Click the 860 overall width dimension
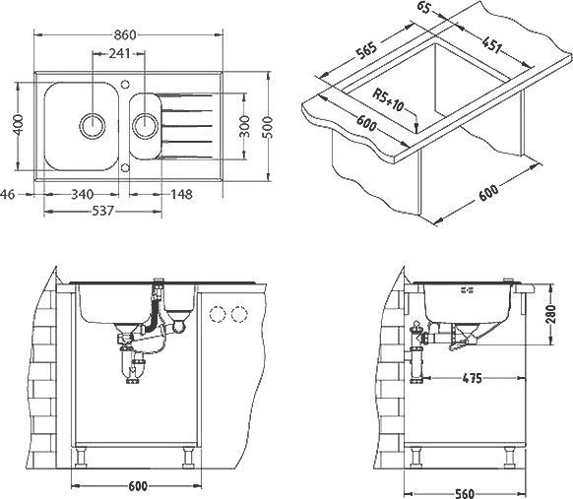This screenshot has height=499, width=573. click(x=145, y=35)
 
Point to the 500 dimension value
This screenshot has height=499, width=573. click(x=266, y=126)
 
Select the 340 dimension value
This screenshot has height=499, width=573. click(x=85, y=194)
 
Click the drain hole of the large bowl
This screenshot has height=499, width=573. click(x=94, y=125)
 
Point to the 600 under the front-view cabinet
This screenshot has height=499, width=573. click(x=137, y=485)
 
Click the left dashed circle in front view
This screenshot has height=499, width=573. click(x=218, y=315)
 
